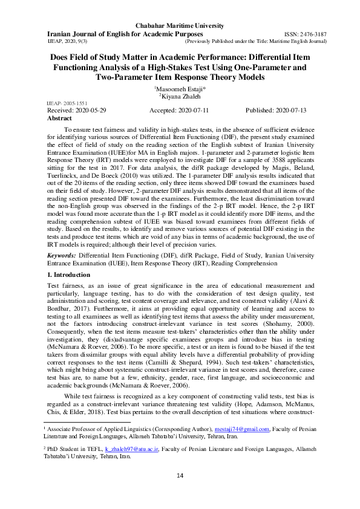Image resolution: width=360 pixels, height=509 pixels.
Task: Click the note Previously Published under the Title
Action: (x=255, y=42)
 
